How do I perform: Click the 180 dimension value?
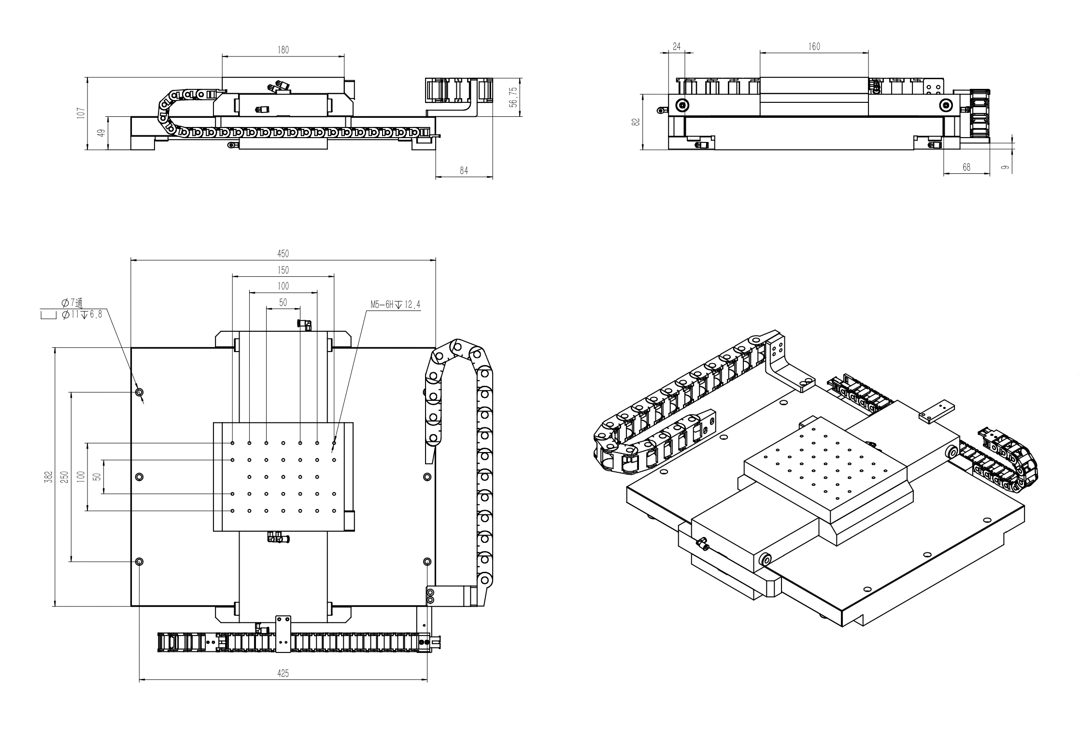[283, 50]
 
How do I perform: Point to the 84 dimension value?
[464, 170]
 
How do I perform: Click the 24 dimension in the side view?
[676, 46]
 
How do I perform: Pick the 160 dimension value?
[814, 46]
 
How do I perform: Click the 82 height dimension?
[636, 122]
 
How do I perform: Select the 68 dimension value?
[966, 167]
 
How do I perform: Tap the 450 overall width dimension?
[283, 254]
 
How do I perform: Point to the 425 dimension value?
[283, 673]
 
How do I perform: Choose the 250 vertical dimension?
[65, 476]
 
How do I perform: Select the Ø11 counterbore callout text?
[82, 315]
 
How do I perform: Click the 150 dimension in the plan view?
[283, 270]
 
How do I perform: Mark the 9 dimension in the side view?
[1004, 167]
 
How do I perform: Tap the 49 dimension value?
[101, 133]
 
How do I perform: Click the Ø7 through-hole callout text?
[72, 303]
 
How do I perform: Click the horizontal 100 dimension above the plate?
[283, 286]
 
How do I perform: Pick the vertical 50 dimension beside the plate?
[97, 476]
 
